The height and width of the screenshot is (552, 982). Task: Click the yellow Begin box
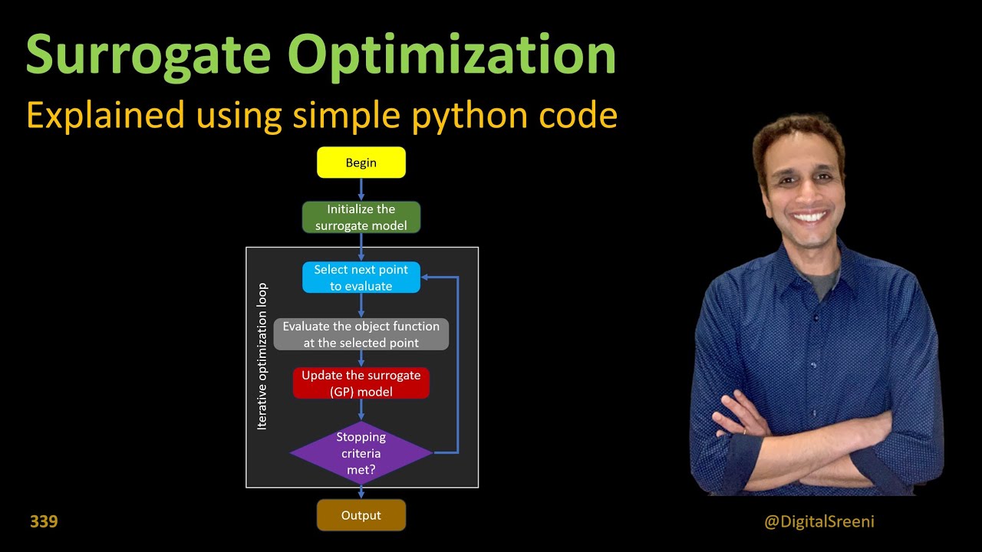coord(361,163)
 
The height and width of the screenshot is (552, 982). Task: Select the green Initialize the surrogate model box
coord(361,217)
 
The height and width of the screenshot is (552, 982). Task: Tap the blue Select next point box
coord(361,278)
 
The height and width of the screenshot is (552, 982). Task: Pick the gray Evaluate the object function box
coord(361,334)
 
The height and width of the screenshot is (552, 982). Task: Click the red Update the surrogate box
coord(361,383)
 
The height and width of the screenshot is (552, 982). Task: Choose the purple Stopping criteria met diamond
coord(361,452)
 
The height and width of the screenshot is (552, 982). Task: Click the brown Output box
coord(361,515)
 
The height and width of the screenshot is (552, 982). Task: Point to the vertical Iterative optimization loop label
coord(262,356)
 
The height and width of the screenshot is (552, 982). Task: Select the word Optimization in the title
coord(452,55)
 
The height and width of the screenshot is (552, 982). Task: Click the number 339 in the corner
coord(44,521)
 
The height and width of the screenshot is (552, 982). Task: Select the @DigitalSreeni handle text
coord(819,521)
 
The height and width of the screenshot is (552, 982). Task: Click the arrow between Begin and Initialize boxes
coord(361,189)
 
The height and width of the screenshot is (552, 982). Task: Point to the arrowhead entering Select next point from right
coord(427,278)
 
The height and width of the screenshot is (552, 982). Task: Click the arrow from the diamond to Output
coord(361,491)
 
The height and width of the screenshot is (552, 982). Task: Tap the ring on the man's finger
coord(744,432)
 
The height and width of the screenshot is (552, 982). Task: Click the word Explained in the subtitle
coord(105,115)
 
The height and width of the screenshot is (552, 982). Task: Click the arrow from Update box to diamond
coord(361,409)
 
